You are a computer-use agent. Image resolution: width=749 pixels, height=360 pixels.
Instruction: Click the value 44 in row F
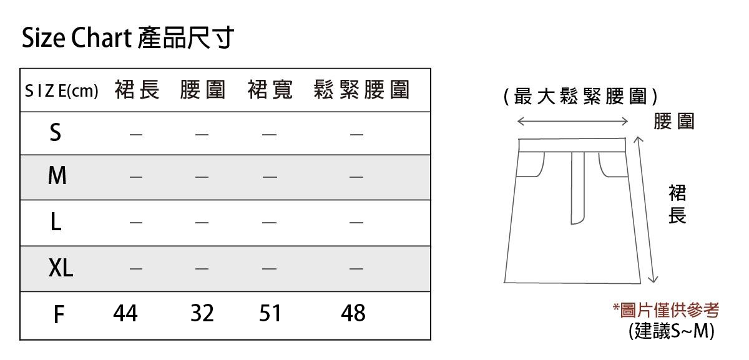click(x=125, y=313)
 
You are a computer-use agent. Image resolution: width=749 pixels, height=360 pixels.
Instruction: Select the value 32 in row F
click(x=202, y=313)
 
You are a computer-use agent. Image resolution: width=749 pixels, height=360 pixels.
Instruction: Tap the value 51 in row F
click(x=270, y=313)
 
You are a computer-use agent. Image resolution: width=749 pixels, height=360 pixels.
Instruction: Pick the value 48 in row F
click(x=353, y=313)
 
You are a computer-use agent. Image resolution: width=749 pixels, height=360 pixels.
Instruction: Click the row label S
click(x=56, y=132)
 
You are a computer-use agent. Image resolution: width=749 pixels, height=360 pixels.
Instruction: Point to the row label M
click(x=57, y=177)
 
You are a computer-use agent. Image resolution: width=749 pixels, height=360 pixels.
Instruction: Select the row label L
click(x=56, y=222)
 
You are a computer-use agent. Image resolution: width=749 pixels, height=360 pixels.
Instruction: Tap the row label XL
click(x=61, y=268)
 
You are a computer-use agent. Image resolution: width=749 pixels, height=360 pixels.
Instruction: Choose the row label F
click(x=58, y=314)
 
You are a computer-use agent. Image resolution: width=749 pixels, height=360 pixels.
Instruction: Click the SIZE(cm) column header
click(x=61, y=91)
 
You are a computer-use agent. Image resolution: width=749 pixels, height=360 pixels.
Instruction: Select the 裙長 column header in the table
click(x=137, y=90)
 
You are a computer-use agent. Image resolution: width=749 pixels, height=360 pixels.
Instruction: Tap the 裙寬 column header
click(x=270, y=90)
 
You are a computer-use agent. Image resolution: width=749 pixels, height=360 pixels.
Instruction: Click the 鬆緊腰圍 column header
click(x=362, y=90)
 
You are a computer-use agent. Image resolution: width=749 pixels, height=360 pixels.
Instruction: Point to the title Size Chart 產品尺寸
click(x=127, y=38)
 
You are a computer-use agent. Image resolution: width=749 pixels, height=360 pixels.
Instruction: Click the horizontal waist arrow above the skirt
click(x=572, y=120)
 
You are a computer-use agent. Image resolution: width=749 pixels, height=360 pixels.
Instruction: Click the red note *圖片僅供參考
click(x=666, y=309)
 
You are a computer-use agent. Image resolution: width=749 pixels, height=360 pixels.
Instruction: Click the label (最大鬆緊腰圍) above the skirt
click(x=580, y=97)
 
